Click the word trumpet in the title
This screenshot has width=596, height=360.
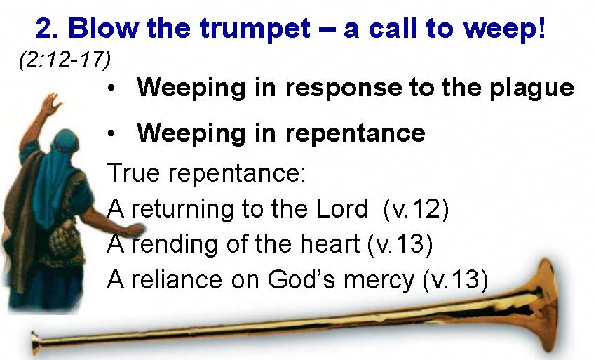pyautogui.click(x=255, y=29)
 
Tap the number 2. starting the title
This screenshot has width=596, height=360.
pyautogui.click(x=47, y=28)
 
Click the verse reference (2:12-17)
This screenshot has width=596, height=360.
pyautogui.click(x=65, y=60)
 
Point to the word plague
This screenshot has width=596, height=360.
pyautogui.click(x=531, y=88)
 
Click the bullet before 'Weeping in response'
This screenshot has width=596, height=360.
pyautogui.click(x=111, y=88)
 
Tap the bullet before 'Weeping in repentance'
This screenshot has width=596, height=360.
pyautogui.click(x=111, y=133)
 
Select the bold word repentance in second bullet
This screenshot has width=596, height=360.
pyautogui.click(x=355, y=133)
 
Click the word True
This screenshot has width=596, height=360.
pyautogui.click(x=133, y=173)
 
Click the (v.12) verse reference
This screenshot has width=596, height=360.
pyautogui.click(x=416, y=209)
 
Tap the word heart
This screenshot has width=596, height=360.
pyautogui.click(x=330, y=244)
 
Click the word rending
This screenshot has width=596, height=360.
pyautogui.click(x=175, y=245)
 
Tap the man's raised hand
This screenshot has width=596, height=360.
pyautogui.click(x=50, y=104)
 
